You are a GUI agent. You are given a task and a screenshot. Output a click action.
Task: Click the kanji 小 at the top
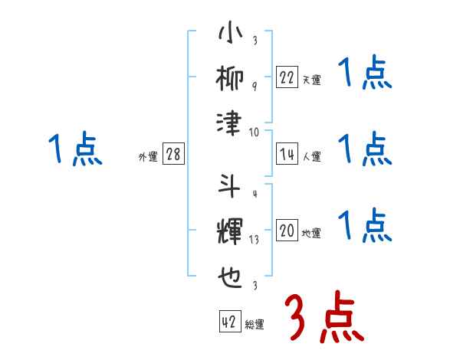coord(230,34)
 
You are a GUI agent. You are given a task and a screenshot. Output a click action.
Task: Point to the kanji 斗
coord(230,187)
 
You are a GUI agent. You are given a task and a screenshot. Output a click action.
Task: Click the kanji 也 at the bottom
coord(230,274)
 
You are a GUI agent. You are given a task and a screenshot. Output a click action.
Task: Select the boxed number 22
coord(287,77)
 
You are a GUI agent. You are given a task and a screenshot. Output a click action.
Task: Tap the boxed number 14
coord(287,154)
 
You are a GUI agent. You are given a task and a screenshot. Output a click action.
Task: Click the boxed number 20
coord(287,231)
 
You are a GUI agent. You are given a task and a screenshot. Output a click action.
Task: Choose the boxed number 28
coord(173,154)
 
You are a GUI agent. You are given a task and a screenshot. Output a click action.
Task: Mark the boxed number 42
coord(228,322)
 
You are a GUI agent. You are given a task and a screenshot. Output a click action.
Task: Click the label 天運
coord(311,80)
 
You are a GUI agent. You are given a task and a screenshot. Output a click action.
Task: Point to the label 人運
coord(311,157)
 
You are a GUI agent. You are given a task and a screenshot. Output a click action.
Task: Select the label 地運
coord(311,234)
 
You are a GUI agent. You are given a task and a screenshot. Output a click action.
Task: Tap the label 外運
coord(147,157)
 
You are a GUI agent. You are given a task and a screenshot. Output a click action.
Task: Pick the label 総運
coord(255,325)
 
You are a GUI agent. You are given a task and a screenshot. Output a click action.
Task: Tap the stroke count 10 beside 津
coord(255,132)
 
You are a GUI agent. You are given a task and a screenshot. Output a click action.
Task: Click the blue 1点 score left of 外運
coord(74,149)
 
